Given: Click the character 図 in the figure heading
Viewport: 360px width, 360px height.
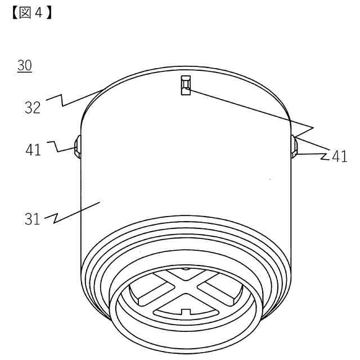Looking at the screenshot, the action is point(25,13).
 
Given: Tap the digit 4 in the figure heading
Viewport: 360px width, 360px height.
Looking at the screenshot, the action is point(38,13).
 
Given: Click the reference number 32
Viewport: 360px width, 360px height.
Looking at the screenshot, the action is point(33,107).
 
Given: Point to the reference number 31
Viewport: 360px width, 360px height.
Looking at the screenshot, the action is point(33,219).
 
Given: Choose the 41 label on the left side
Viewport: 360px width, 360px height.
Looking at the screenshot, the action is point(33,150).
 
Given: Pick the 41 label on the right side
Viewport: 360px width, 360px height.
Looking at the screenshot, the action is point(340,156).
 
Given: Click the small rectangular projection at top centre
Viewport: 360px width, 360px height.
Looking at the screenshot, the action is point(186,85).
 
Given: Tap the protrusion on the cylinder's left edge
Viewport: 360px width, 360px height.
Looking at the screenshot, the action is point(78,147).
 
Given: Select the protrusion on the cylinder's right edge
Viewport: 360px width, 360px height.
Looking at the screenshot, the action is point(294,147).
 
